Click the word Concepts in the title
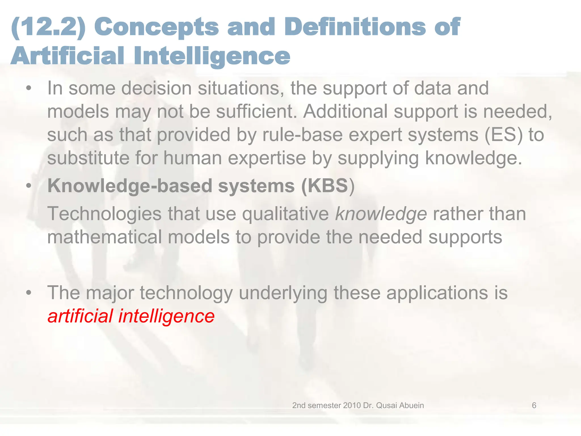click(x=156, y=28)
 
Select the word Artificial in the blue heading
click(x=68, y=56)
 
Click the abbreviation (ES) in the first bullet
click(x=503, y=135)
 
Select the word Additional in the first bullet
click(x=345, y=111)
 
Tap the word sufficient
click(x=256, y=111)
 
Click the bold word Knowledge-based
click(x=130, y=186)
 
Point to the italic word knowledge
click(x=381, y=214)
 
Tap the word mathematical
click(x=104, y=237)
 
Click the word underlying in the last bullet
click(x=283, y=293)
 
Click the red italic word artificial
click(x=80, y=316)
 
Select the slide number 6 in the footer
click(x=534, y=405)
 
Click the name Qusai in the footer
click(x=387, y=405)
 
